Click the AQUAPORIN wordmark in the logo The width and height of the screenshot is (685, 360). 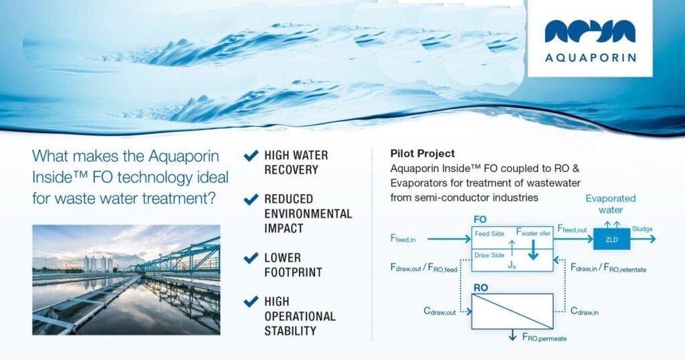590,58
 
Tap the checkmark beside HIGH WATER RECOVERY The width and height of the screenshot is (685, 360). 252,155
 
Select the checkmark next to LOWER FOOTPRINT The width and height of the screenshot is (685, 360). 252,258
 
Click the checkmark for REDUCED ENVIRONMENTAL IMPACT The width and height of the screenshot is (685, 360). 252,199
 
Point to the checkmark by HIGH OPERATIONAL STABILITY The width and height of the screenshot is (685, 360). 252,302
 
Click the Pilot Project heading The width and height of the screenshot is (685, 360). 423,154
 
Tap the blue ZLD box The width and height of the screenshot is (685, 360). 611,239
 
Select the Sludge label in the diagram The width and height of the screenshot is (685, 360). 642,229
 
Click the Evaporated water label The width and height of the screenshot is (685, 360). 611,204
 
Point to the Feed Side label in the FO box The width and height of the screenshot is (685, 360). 489,234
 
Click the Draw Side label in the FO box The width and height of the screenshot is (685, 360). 489,255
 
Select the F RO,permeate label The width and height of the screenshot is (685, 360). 545,337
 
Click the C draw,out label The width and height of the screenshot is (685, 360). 439,312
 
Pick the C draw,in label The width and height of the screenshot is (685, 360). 585,312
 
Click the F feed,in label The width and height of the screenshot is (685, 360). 403,238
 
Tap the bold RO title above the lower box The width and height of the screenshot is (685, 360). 480,288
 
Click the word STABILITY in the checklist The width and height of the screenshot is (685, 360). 290,331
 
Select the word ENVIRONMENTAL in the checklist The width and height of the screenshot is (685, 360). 308,213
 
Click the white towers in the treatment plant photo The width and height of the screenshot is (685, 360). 98,264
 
